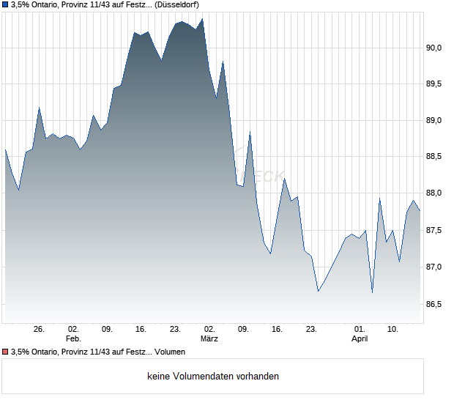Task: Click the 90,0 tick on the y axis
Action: click(437, 48)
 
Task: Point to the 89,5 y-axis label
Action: click(437, 84)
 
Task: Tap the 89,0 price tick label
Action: click(437, 120)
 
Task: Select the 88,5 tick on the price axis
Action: click(437, 157)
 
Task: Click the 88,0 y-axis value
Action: click(437, 193)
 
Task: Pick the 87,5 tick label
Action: click(437, 230)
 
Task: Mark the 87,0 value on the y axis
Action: click(437, 267)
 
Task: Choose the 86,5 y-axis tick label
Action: click(437, 303)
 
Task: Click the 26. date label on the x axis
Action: click(40, 330)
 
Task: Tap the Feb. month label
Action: click(72, 339)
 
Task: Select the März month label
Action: click(209, 339)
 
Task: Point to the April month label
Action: click(360, 339)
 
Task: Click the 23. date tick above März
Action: click(176, 330)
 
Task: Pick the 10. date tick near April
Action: click(393, 330)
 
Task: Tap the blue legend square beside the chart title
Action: click(5, 4)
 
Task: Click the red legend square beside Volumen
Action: click(5, 352)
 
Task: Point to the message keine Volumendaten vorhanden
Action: click(213, 377)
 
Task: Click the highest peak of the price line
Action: click(202, 19)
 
